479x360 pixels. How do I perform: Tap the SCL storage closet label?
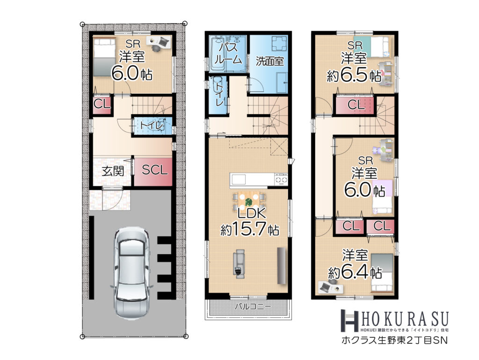tap(154, 169)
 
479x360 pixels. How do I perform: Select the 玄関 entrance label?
tap(113, 171)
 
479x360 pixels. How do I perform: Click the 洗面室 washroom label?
tap(270, 62)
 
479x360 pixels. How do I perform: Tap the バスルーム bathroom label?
tap(228, 53)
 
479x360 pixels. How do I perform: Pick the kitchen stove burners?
tap(281, 179)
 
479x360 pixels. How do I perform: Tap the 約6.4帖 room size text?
tap(355, 272)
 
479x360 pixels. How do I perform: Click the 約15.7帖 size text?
tap(250, 229)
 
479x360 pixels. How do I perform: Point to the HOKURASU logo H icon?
tap(349, 320)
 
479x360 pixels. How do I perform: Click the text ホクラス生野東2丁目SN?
tap(394, 340)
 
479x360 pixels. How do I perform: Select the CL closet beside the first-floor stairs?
tap(102, 105)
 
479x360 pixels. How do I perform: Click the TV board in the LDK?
tap(282, 265)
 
